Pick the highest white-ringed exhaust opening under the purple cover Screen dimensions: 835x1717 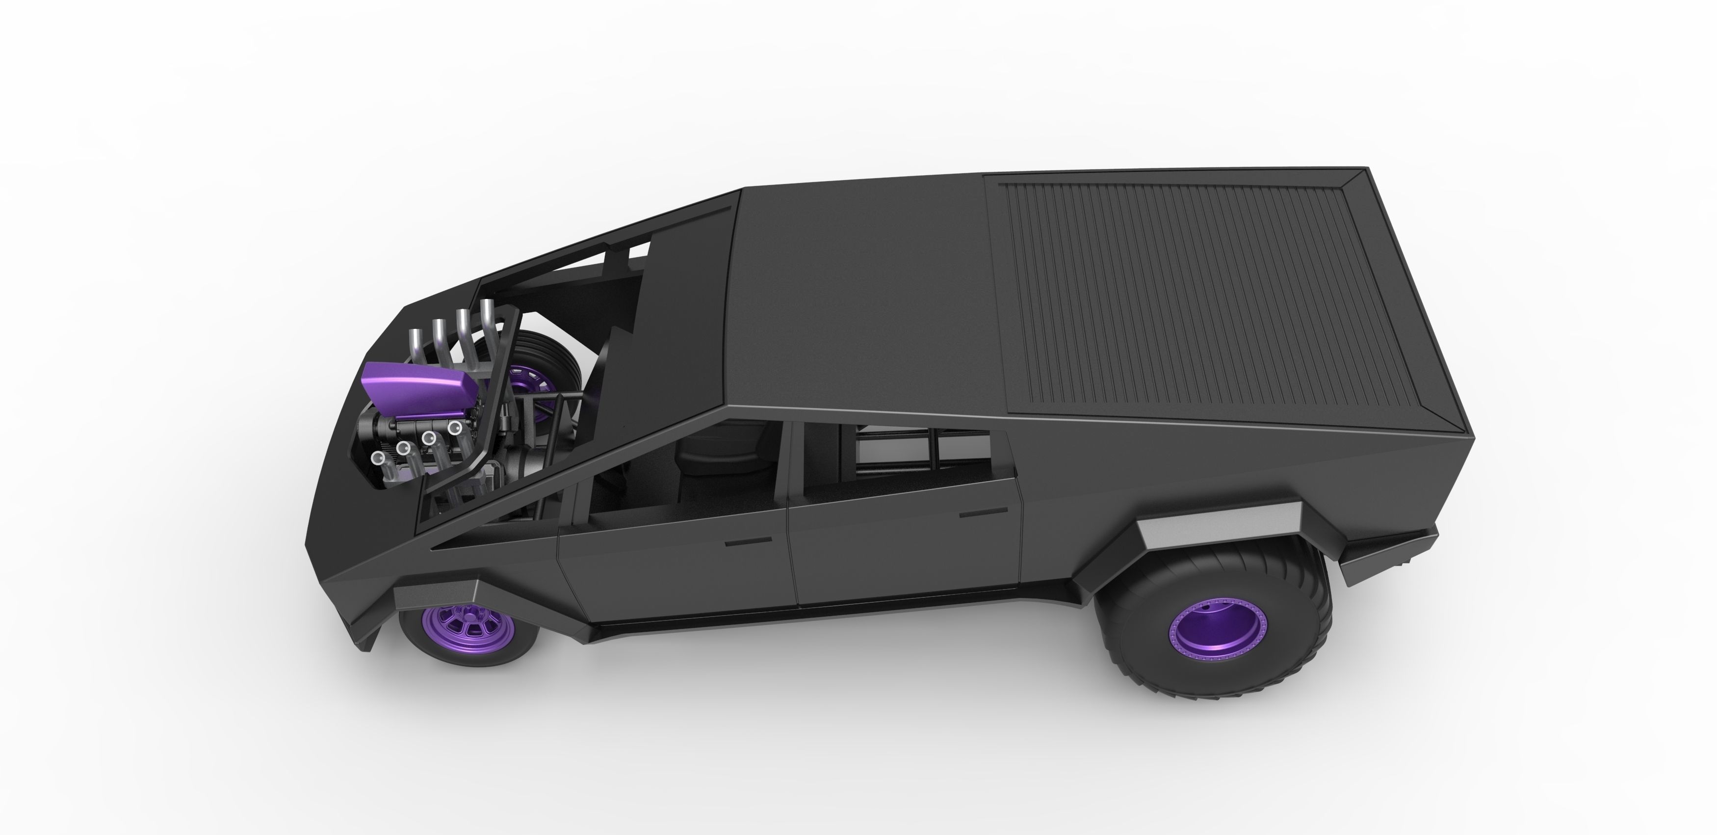tap(455, 427)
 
